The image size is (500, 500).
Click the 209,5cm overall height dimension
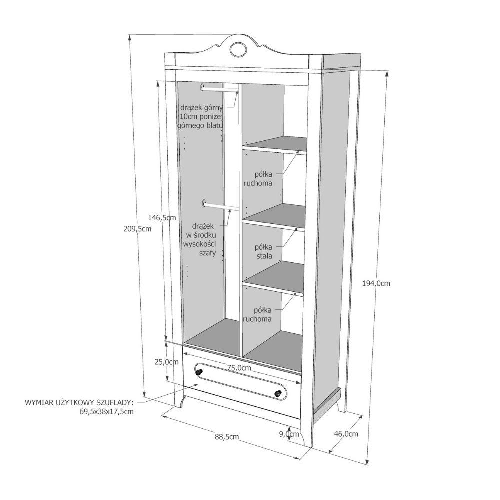pos(137,229)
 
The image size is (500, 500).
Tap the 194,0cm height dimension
pos(376,283)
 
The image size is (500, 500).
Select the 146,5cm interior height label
pos(162,218)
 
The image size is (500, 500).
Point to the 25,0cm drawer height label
pos(167,362)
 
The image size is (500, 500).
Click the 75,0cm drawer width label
pos(239,368)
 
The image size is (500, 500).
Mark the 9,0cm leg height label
pos(289,434)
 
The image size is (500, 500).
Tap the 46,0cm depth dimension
pos(346,434)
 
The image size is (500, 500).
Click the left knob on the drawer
pos(199,371)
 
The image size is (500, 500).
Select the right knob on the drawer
pos(278,394)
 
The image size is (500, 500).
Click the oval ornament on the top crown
pos(238,49)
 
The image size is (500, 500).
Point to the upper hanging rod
pos(219,89)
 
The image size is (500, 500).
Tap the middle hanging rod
pos(220,206)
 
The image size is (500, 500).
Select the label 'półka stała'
pos(264,251)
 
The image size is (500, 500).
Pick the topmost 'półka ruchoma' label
pos(258,179)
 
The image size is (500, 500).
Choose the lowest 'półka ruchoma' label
pos(257,314)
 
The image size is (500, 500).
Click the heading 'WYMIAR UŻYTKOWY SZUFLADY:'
pos(79,402)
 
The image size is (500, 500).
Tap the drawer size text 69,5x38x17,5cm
pos(106,411)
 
